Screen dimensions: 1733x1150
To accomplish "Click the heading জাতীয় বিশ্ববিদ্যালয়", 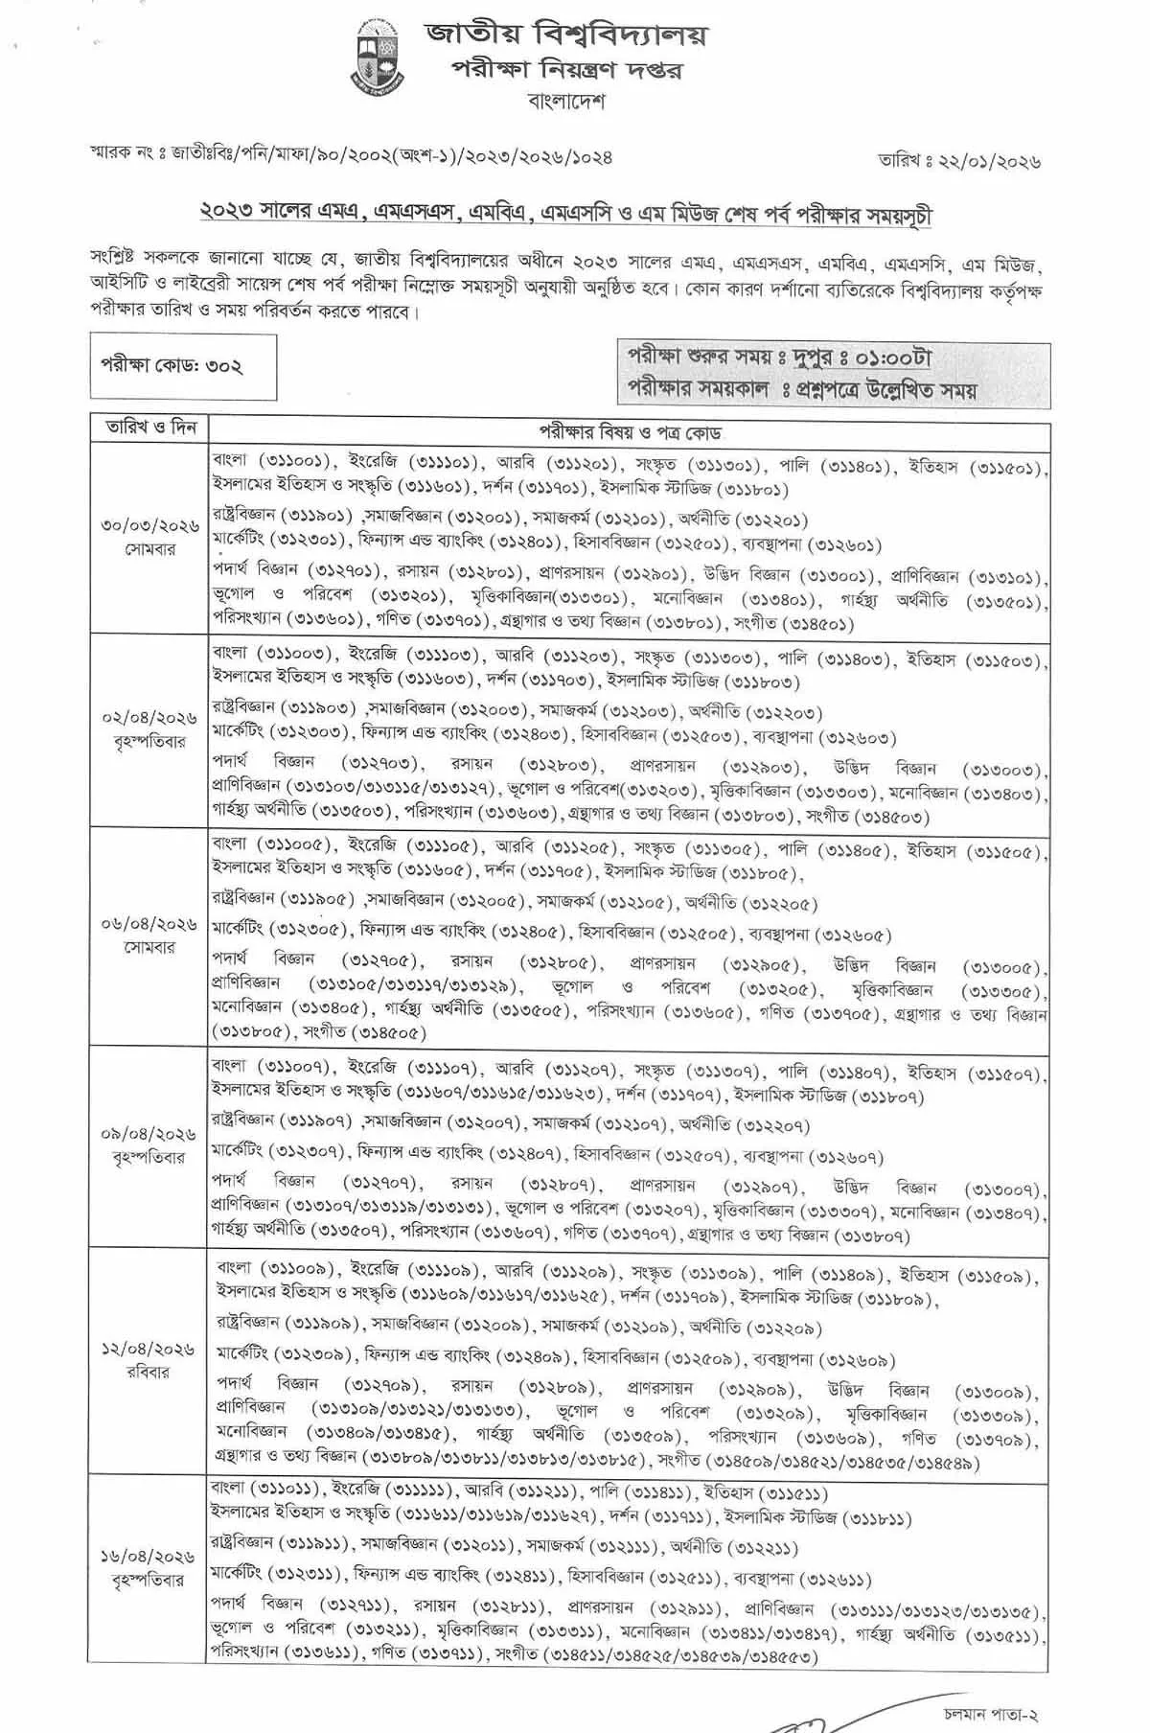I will tap(566, 35).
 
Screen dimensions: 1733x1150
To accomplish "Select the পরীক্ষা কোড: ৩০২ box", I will tap(183, 366).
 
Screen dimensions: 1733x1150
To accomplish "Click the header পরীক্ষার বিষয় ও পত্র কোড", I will tap(629, 433).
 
